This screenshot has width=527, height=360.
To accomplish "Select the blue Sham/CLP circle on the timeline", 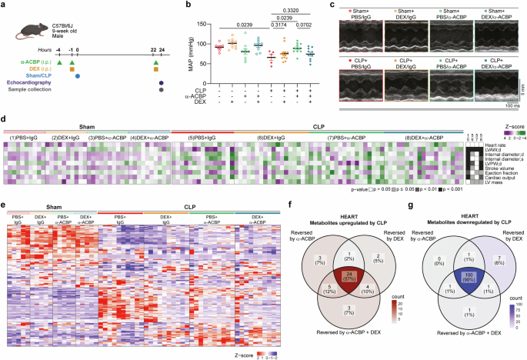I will click(x=78, y=75).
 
